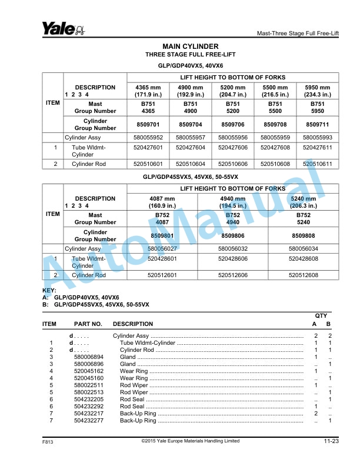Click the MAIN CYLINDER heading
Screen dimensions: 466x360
[x=190, y=46]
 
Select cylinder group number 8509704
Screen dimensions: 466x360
[x=191, y=125]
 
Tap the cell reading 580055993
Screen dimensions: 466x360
[x=318, y=138]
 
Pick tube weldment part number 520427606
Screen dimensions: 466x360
[x=233, y=148]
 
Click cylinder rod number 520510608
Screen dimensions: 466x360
[x=275, y=164]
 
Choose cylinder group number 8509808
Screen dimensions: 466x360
[x=304, y=236]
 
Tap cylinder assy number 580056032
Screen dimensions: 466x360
[x=233, y=249]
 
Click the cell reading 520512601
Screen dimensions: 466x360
[x=162, y=275]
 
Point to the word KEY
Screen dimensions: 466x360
[x=49, y=291]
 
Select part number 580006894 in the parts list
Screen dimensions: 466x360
[x=89, y=357]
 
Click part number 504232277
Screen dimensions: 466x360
[x=89, y=421]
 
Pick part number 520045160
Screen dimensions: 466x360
[x=89, y=378]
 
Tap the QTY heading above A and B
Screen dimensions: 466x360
[x=321, y=316]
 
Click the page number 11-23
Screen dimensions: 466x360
[x=331, y=441]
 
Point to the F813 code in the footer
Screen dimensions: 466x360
[x=48, y=442]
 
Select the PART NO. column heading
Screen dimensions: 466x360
[x=88, y=324]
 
